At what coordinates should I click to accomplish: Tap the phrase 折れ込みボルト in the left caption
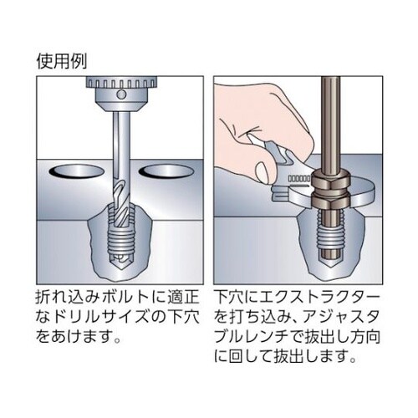pyautogui.click(x=88, y=297)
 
